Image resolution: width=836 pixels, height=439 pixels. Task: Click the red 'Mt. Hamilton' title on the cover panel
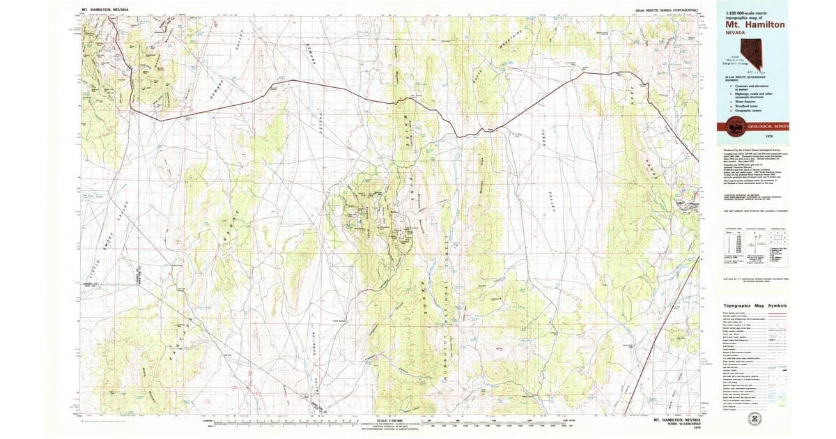pos(755,24)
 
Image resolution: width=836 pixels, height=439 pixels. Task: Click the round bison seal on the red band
pos(734,126)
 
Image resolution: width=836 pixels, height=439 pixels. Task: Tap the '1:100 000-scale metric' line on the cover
pos(748,13)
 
